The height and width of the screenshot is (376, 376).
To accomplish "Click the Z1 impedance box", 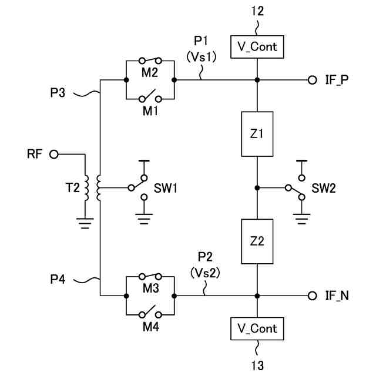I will [x=257, y=134].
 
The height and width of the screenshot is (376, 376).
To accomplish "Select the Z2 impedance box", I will [x=257, y=241].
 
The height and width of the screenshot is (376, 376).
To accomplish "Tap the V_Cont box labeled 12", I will [x=257, y=46].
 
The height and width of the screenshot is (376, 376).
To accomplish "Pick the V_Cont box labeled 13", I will [x=257, y=328].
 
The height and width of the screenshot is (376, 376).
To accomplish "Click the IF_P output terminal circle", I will [x=312, y=80].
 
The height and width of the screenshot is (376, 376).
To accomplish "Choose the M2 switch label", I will [x=150, y=72].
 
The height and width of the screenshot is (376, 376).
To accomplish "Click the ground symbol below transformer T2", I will [x=86, y=223].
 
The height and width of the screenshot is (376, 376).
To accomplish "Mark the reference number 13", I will [x=257, y=365].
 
